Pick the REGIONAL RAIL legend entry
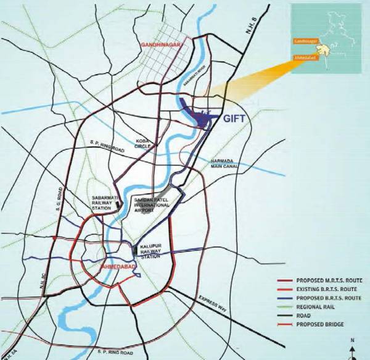pyautogui.click(x=309, y=307)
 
